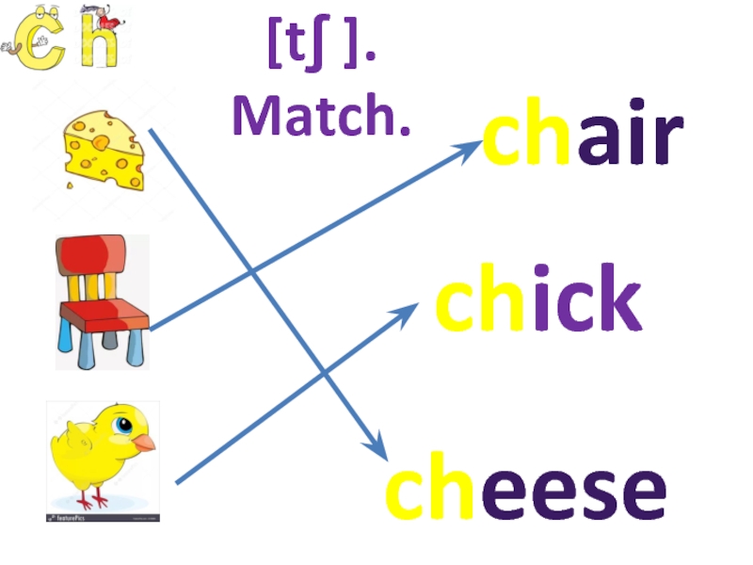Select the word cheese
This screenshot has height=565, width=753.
tap(526, 491)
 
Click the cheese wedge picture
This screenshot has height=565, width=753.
tap(104, 150)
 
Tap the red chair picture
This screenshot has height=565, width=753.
tap(102, 300)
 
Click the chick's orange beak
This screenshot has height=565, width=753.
tap(143, 442)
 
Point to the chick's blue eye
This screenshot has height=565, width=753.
tap(122, 427)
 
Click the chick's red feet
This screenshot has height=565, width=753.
tap(94, 499)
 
